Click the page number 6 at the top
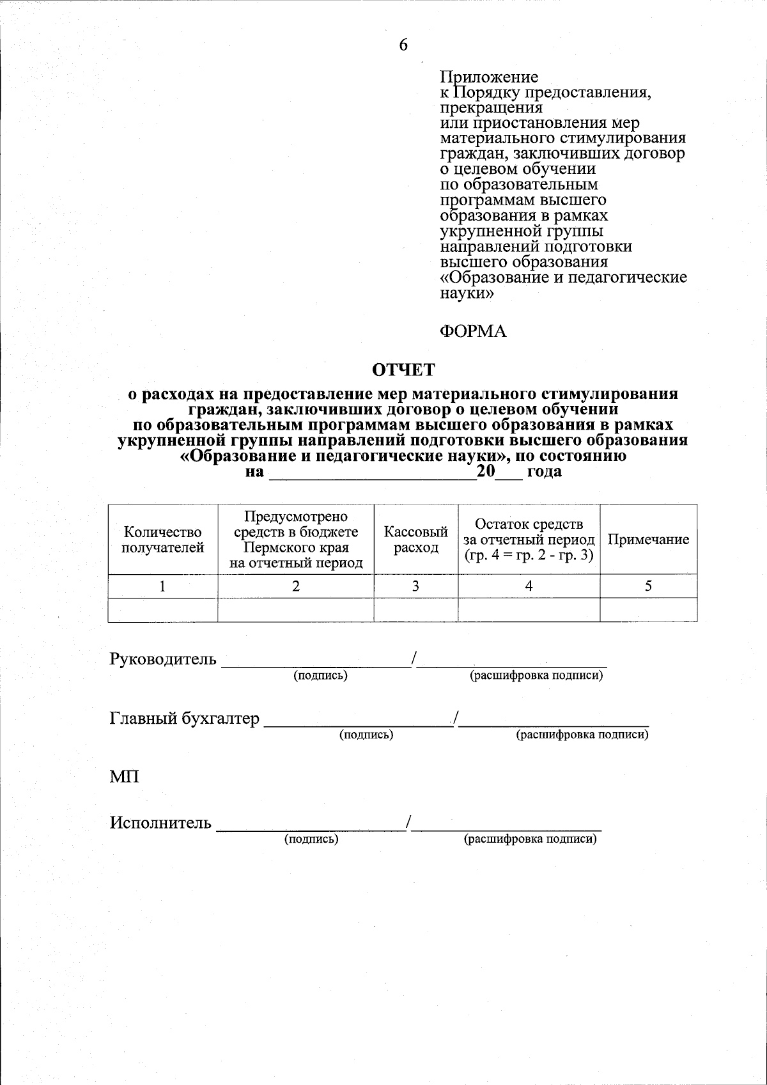click(x=403, y=45)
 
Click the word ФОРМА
click(x=473, y=332)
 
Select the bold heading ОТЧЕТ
click(x=403, y=370)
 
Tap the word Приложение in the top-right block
click(x=490, y=77)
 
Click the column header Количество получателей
click(x=163, y=540)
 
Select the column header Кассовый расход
click(x=415, y=540)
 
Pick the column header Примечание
click(x=648, y=540)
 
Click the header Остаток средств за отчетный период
click(x=529, y=540)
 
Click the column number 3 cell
click(x=415, y=586)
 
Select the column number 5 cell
click(x=648, y=586)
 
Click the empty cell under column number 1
click(x=163, y=609)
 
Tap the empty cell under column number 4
click(x=529, y=609)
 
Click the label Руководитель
click(x=163, y=659)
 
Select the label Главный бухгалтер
click(x=185, y=719)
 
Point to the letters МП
click(x=124, y=777)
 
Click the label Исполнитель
click(x=160, y=822)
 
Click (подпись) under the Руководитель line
click(x=320, y=676)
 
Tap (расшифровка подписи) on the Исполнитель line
click(x=530, y=839)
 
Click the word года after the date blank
click(x=544, y=472)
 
